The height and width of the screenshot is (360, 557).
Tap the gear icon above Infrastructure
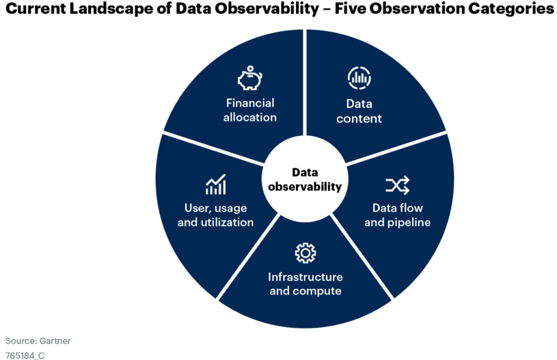[x=305, y=253]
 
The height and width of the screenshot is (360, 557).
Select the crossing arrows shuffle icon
[x=398, y=185]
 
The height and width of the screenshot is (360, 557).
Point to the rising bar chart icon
[x=216, y=184]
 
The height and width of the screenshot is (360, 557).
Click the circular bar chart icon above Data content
[x=359, y=77]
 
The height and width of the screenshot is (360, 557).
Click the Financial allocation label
[x=249, y=110]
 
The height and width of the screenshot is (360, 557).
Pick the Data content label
[x=359, y=111]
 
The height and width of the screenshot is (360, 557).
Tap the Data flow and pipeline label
[x=398, y=215]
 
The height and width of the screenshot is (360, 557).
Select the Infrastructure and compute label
[x=305, y=283]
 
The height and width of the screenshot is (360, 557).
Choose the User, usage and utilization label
[x=216, y=215]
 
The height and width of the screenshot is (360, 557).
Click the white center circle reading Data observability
[x=305, y=178]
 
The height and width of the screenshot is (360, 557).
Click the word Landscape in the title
[x=111, y=8]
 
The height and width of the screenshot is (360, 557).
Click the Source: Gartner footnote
[x=38, y=341]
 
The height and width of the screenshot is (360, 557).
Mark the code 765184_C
[x=25, y=355]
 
